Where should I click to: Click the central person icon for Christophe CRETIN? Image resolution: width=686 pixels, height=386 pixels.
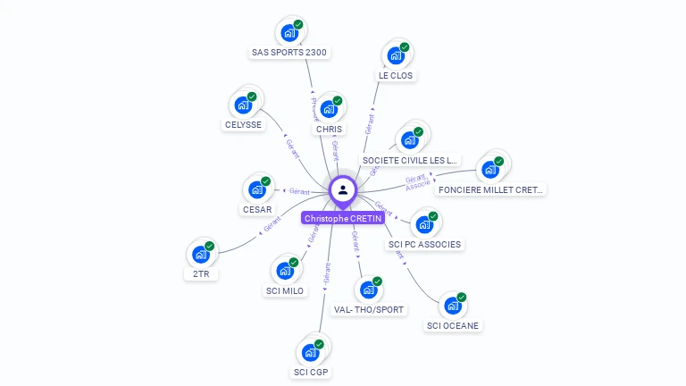(343, 189)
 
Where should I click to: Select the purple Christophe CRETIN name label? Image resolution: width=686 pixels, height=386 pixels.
(343, 218)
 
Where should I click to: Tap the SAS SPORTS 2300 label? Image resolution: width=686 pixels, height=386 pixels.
(290, 52)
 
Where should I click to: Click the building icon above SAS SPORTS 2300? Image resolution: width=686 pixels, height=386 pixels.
(289, 33)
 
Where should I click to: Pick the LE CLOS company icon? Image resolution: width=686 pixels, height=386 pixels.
(395, 56)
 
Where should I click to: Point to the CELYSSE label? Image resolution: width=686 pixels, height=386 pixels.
(243, 124)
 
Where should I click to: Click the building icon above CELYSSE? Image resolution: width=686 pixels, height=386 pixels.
(243, 105)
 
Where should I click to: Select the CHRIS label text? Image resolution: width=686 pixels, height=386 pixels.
(329, 129)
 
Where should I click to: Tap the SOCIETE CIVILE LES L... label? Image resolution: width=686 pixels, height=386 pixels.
(409, 160)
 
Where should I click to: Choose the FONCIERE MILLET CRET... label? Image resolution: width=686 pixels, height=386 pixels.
(490, 189)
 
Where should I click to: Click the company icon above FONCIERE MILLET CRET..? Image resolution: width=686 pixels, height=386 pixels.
(489, 169)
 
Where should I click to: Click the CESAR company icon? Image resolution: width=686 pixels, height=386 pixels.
(257, 189)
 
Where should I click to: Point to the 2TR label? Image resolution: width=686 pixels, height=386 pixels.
(201, 274)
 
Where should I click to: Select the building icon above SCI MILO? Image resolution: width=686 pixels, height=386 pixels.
(285, 270)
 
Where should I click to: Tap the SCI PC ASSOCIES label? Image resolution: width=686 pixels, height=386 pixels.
(425, 244)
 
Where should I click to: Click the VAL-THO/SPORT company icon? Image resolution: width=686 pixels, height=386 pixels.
(368, 289)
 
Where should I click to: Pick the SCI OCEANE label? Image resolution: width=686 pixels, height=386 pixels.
(454, 325)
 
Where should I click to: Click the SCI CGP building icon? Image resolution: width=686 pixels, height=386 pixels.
(311, 351)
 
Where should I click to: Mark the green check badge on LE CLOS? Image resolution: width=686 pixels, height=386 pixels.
(405, 47)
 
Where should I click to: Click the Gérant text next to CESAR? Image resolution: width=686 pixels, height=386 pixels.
(299, 191)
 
